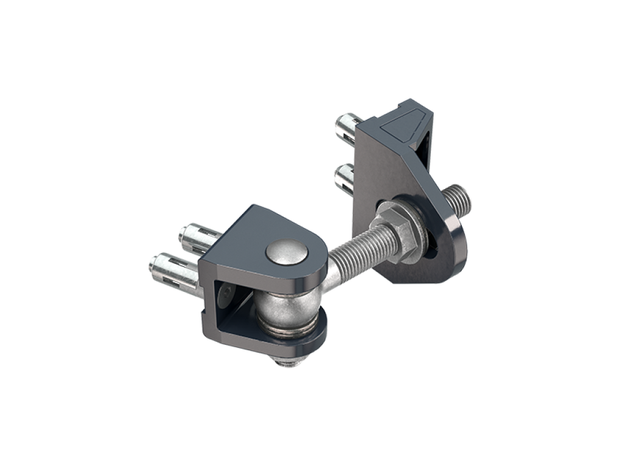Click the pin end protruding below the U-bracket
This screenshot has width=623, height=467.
(x=288, y=362)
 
